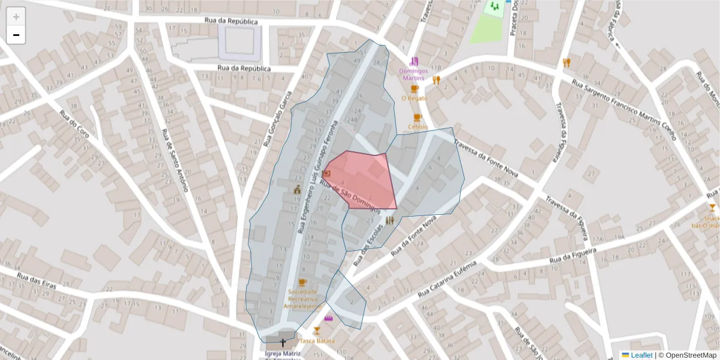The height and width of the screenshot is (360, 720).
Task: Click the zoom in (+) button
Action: [x=16, y=17]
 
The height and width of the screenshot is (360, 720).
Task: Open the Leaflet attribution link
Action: [x=641, y=355]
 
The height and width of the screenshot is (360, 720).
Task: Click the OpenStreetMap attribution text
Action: [x=688, y=355]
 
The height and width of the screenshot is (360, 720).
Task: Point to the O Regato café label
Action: [x=415, y=98]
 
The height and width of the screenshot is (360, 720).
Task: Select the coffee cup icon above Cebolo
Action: [x=418, y=118]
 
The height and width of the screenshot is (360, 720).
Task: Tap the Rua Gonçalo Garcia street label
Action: [x=277, y=119]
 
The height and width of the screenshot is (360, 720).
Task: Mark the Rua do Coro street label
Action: [x=75, y=124]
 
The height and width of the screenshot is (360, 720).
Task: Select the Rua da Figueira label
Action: [x=573, y=256]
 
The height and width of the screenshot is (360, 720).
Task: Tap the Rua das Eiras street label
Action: [x=37, y=281]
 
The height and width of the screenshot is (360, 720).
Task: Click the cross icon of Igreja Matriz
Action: [x=283, y=343]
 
